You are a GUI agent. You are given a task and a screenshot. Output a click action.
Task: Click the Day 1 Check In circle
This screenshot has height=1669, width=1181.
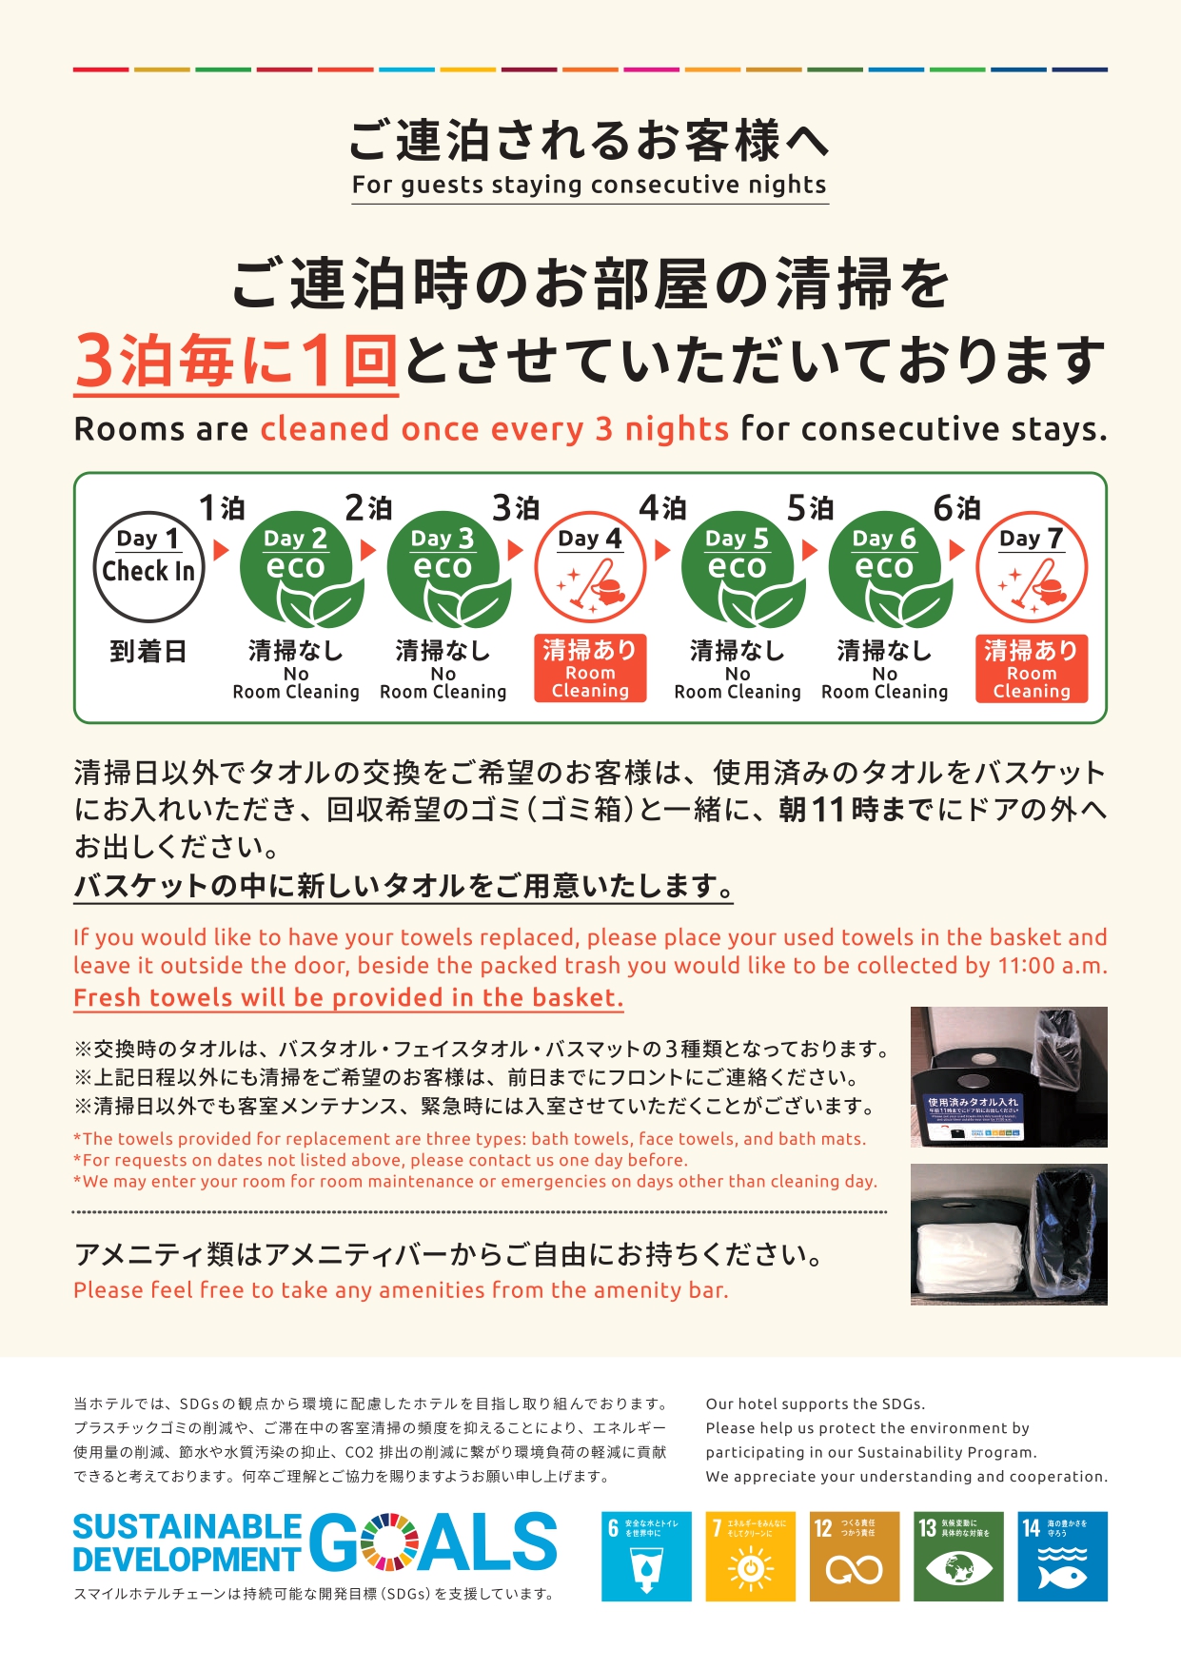(x=148, y=567)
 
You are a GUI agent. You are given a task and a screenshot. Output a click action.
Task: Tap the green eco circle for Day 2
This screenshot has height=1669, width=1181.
(x=296, y=569)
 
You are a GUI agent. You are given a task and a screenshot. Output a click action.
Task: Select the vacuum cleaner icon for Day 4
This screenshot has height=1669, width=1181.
(x=590, y=582)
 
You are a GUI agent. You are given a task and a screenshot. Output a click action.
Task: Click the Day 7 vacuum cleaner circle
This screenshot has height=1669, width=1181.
(x=1032, y=569)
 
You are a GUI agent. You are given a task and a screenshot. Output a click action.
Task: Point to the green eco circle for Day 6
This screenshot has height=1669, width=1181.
(x=885, y=569)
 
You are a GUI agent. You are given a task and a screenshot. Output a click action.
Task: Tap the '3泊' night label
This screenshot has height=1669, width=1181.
(x=516, y=508)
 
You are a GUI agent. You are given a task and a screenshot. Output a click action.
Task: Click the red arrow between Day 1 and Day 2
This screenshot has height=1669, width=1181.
(x=222, y=550)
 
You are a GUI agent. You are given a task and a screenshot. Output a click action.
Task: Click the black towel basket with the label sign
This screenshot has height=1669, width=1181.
(x=971, y=1104)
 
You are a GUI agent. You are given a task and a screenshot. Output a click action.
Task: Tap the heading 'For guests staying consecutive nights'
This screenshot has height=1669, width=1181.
(x=589, y=185)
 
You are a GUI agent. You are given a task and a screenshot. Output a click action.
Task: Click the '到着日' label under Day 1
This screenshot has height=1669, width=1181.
(x=148, y=652)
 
